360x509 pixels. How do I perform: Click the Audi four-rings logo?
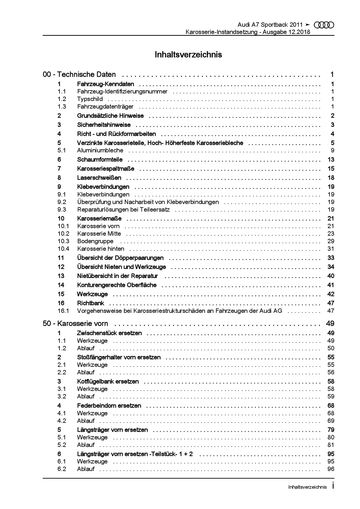[x=324, y=25]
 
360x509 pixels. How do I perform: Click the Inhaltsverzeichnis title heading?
[x=188, y=55]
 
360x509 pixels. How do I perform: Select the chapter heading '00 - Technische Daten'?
[x=79, y=75]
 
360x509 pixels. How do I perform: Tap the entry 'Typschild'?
[x=90, y=99]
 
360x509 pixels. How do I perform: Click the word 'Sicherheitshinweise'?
[x=104, y=125]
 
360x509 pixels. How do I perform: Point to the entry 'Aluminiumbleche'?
[x=100, y=150]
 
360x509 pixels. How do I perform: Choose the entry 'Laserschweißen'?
[x=99, y=178]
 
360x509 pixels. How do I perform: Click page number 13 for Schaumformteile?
[x=331, y=159]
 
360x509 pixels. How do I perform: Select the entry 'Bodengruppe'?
[x=95, y=241]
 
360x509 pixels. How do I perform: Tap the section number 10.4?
[x=63, y=249]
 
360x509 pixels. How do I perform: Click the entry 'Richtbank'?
[x=91, y=303]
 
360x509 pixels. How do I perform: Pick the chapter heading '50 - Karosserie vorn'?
[x=75, y=324]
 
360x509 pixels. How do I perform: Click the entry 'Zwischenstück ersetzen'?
[x=109, y=333]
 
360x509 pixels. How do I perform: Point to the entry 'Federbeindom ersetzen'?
[x=109, y=405]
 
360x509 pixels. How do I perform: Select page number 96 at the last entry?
[x=331, y=469]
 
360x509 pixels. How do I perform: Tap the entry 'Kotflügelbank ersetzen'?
[x=108, y=381]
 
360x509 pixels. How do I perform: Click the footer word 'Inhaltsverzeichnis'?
[x=307, y=487]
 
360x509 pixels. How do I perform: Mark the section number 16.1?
[x=63, y=311]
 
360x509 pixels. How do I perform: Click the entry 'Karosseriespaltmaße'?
[x=106, y=169]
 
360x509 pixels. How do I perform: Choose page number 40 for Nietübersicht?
[x=331, y=276]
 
